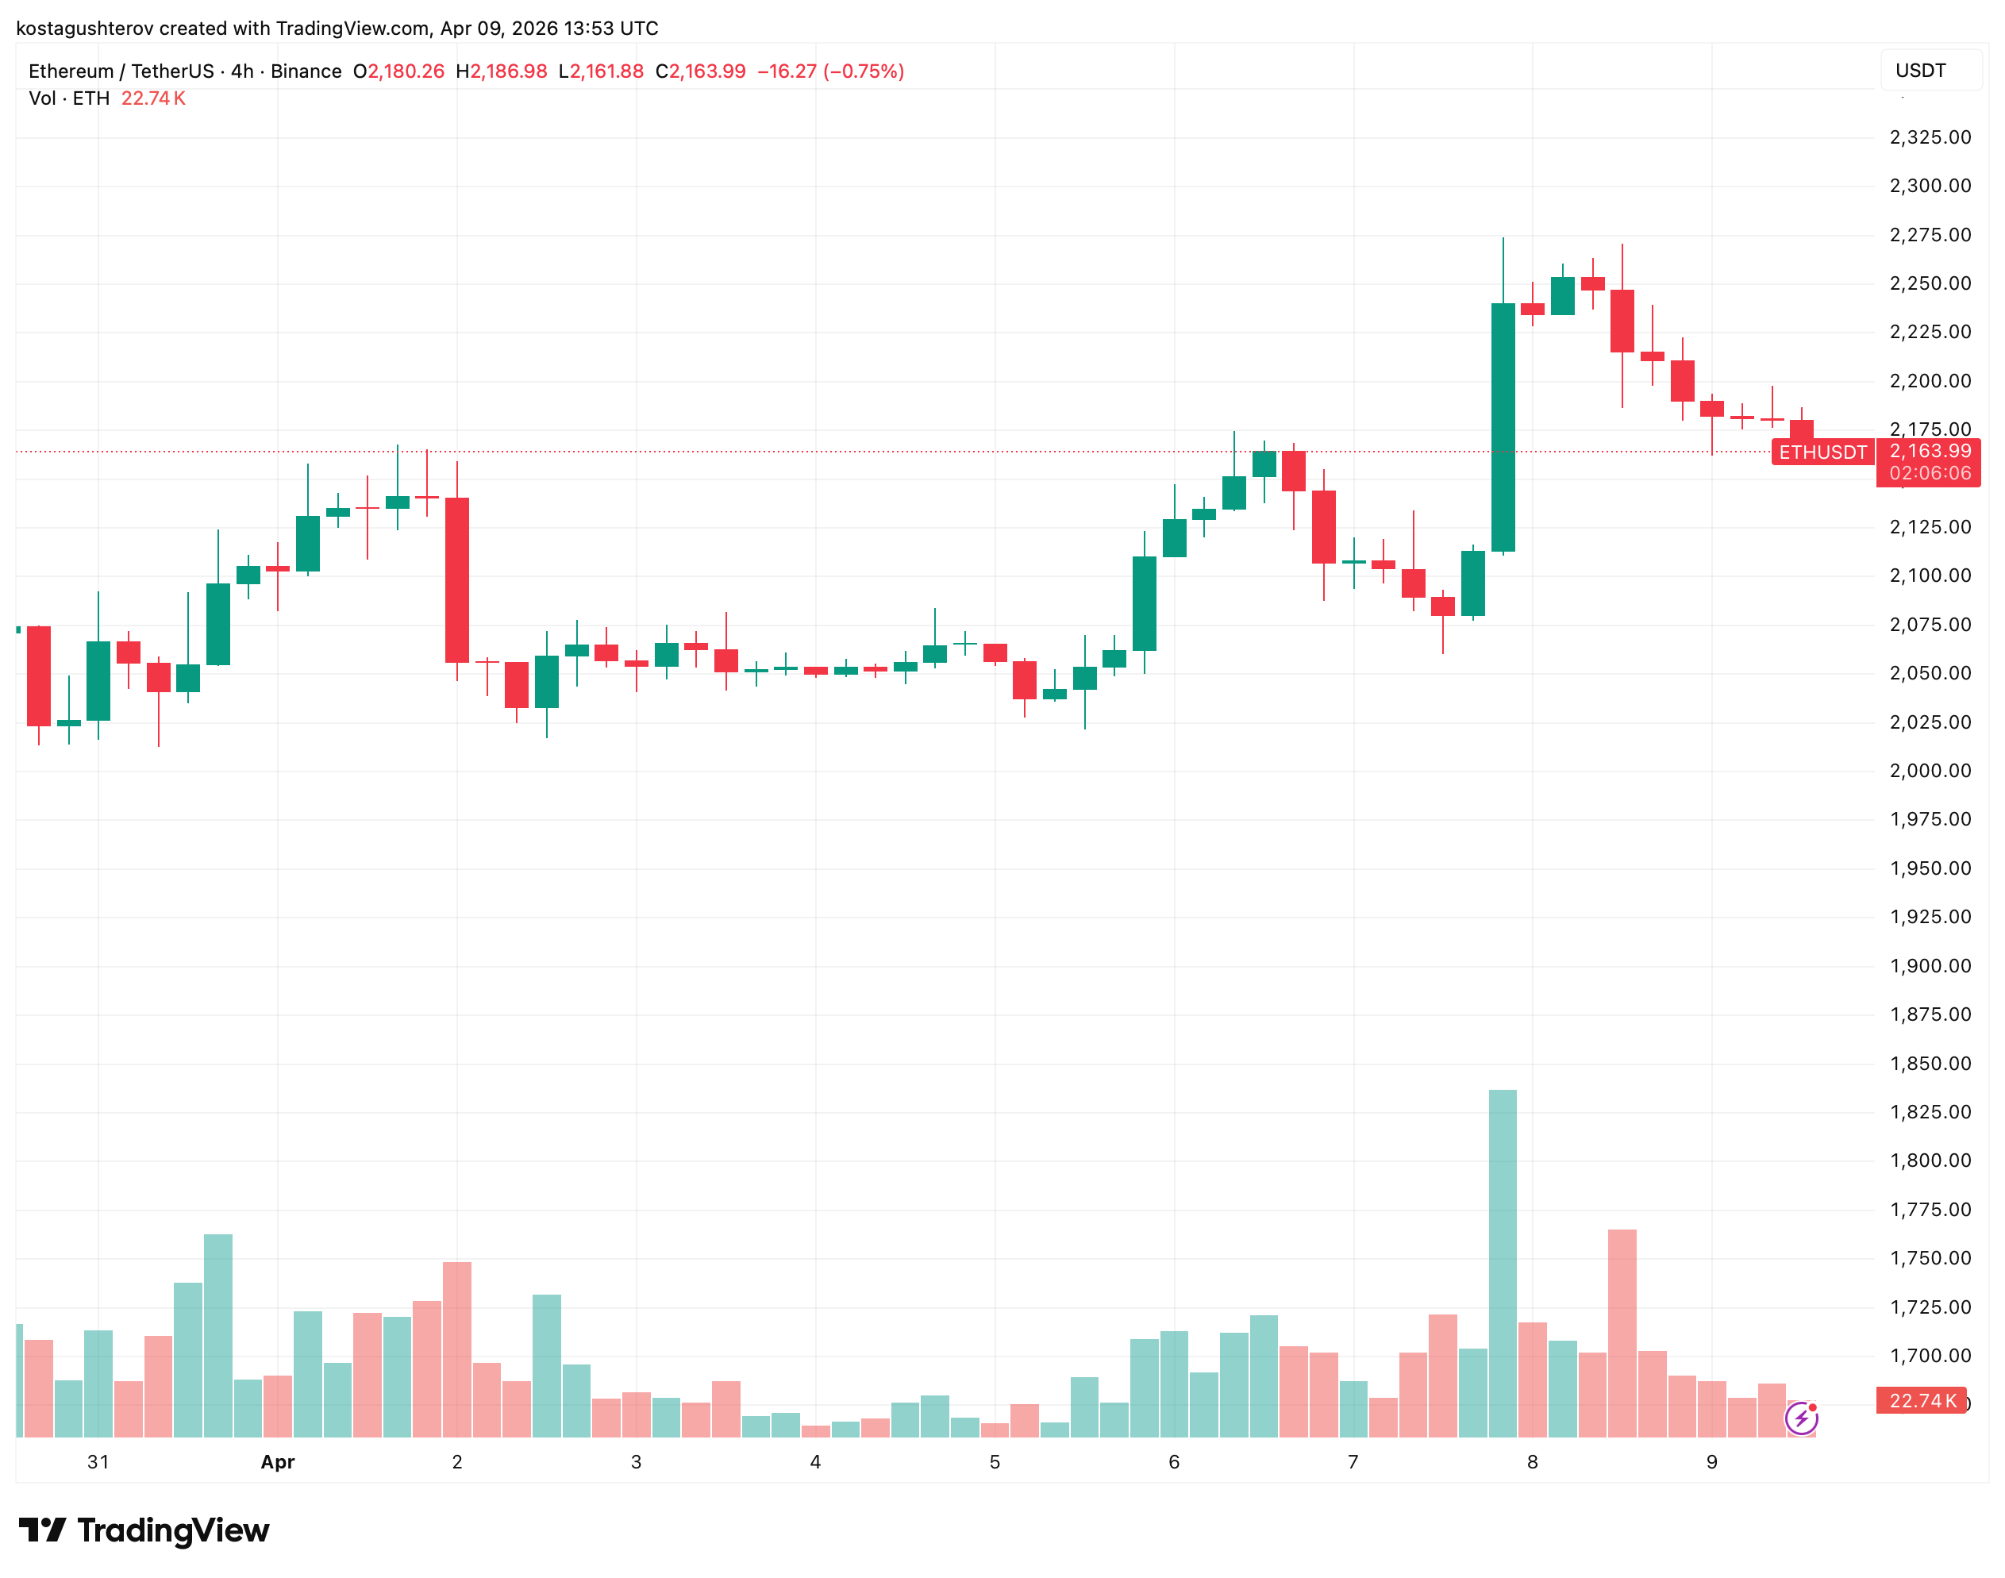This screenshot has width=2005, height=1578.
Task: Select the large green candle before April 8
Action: tap(1503, 427)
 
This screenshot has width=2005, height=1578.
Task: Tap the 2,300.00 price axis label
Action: tap(1930, 186)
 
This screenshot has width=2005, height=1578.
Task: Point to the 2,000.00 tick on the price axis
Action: tap(1930, 771)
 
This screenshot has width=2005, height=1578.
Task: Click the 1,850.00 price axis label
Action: tap(1930, 1064)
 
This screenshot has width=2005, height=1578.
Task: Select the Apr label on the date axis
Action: tap(277, 1461)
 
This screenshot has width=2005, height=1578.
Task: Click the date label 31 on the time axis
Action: tap(98, 1461)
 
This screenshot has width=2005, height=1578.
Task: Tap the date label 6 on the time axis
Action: tap(1173, 1461)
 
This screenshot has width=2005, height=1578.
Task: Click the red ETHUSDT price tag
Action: tap(1822, 452)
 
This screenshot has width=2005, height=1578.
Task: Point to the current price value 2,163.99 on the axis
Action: tap(1930, 451)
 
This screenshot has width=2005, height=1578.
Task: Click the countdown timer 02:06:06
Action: tap(1930, 473)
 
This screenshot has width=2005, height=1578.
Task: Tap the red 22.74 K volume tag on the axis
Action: tap(1922, 1401)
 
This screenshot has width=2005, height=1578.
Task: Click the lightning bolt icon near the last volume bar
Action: tap(1801, 1418)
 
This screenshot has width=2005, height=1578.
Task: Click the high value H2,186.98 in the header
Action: tap(501, 71)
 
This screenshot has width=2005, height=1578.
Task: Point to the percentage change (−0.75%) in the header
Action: tap(863, 71)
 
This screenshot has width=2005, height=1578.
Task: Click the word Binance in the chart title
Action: tap(306, 71)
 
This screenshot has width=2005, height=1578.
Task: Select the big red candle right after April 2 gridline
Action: tap(456, 579)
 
